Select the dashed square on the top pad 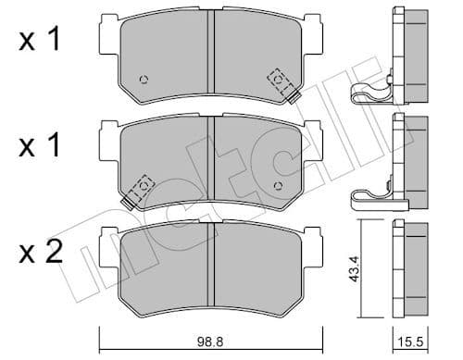coord(277,81)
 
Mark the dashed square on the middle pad coord(144,186)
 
